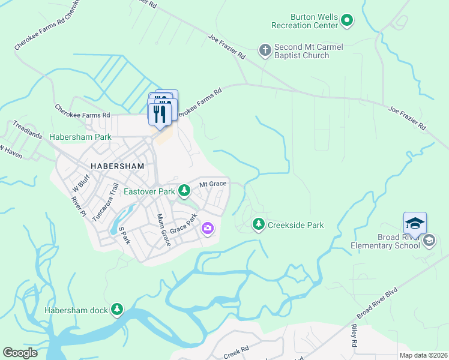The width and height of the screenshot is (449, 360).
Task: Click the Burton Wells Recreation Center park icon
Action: tap(346, 21)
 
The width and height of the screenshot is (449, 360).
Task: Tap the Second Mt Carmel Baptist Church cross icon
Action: tap(265, 50)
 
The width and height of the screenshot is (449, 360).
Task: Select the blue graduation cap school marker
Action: tap(415, 224)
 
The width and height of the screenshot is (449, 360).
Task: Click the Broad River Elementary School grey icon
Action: tap(429, 241)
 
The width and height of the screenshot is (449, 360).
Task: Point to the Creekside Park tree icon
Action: tap(259, 224)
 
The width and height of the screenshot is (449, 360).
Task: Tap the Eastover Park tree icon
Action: tap(184, 191)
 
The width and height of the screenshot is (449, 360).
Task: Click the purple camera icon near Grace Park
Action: tap(208, 228)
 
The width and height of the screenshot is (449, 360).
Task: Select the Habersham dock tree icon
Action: tap(117, 310)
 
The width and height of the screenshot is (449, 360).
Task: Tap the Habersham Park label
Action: tap(80, 137)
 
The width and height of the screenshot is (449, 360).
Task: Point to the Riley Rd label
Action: tap(354, 336)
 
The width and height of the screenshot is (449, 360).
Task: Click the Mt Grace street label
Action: tap(212, 184)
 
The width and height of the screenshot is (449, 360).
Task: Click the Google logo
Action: tap(20, 353)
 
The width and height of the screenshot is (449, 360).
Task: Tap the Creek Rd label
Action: tap(236, 351)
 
